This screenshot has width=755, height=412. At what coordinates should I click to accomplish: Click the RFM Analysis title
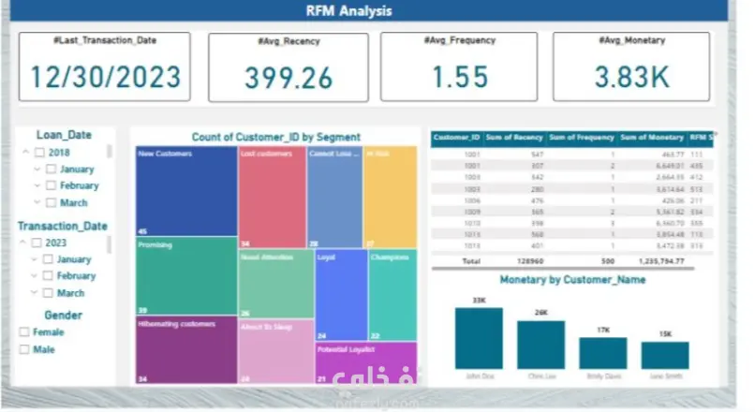point(349,11)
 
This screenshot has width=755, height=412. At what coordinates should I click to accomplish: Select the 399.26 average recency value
point(287,78)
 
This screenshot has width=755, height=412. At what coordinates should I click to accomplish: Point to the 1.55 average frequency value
point(459,78)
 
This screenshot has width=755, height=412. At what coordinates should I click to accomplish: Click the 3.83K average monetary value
point(631,78)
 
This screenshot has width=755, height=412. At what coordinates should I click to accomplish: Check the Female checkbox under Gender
point(24,332)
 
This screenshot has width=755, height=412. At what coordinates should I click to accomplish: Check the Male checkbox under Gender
point(24,350)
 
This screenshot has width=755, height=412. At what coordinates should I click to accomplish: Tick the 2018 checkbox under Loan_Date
point(39,153)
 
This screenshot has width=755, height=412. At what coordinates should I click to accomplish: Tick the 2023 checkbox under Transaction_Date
point(39,243)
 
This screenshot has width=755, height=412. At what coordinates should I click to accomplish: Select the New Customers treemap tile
point(185,191)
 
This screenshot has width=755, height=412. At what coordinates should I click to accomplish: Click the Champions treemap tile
point(392,294)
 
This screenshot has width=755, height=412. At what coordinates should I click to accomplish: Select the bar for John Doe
point(478,338)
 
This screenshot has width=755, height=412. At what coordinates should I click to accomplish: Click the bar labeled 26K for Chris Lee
point(540,345)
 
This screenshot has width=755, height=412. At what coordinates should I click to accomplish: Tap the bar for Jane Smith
point(664,355)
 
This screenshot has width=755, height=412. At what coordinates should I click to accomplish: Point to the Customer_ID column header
point(457,139)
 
